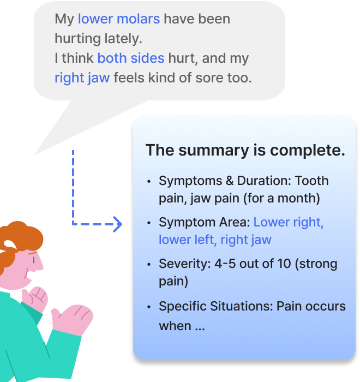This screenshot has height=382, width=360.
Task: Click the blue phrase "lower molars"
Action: (119, 19)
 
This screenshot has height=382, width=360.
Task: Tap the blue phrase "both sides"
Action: (123, 58)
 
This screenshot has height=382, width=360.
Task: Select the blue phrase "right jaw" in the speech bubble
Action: (82, 77)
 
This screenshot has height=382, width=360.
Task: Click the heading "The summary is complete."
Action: (245, 151)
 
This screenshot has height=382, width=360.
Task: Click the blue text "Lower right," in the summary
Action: (289, 223)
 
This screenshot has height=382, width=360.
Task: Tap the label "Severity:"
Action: (182, 264)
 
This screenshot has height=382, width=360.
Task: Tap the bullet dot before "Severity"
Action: (149, 264)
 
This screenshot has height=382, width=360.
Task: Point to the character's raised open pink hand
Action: (74, 319)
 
